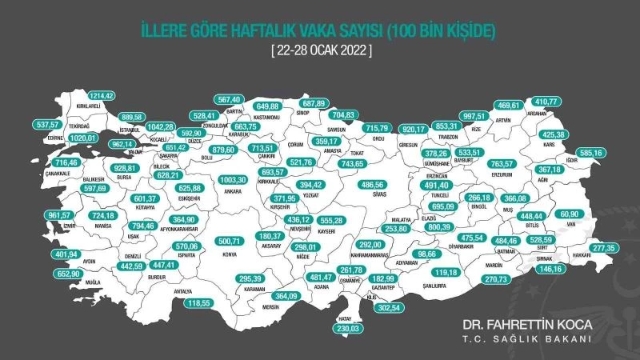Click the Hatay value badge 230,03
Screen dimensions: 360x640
(346, 327)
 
